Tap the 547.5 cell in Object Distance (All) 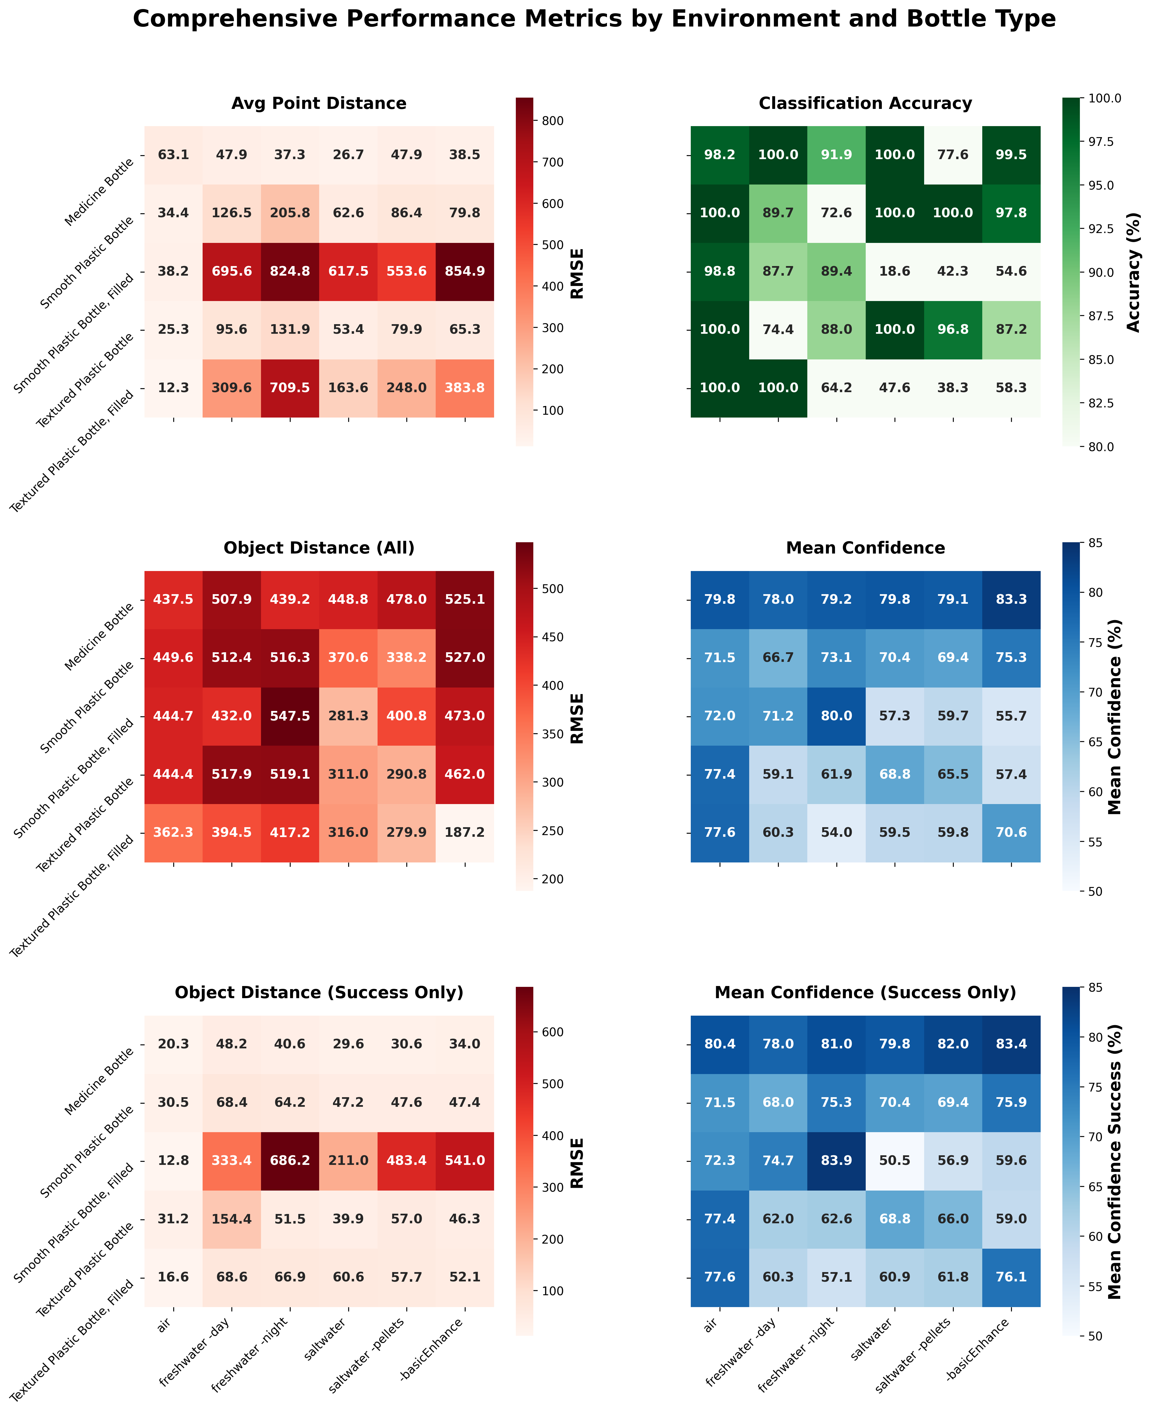pos(290,716)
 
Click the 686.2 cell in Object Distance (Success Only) pos(290,1161)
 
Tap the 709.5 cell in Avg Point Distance pos(290,388)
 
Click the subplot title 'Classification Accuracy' pos(865,104)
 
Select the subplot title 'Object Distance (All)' pos(319,548)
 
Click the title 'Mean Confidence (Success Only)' pos(865,993)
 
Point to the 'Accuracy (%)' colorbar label pos(1134,272)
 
